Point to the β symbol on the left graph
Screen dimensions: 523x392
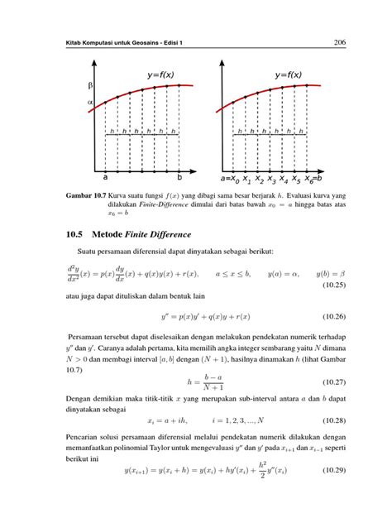pos(90,86)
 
